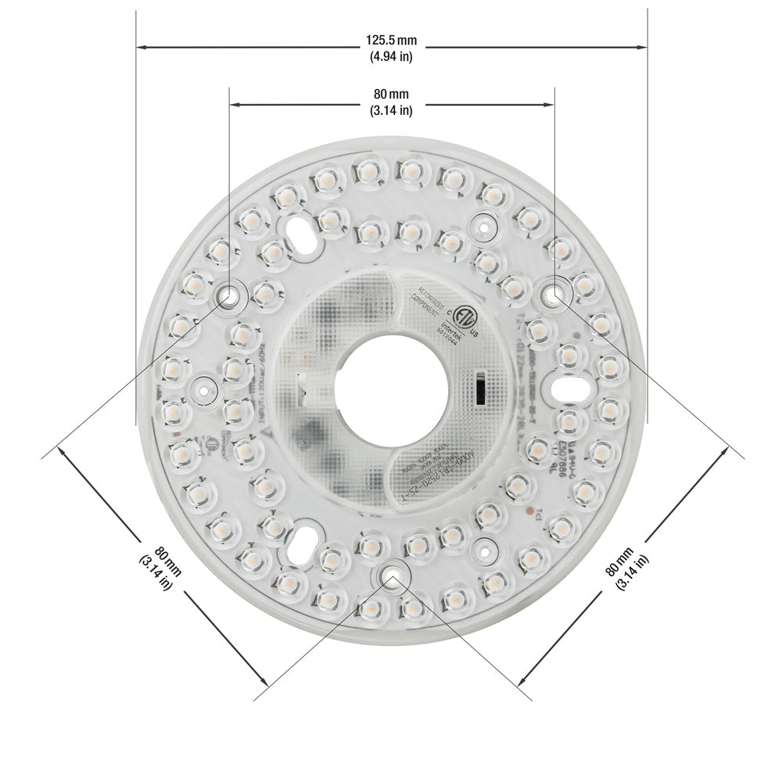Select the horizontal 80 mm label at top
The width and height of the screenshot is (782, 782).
391,95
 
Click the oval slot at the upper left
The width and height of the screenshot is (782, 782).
300,229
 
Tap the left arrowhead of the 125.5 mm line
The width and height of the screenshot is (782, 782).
141,48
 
